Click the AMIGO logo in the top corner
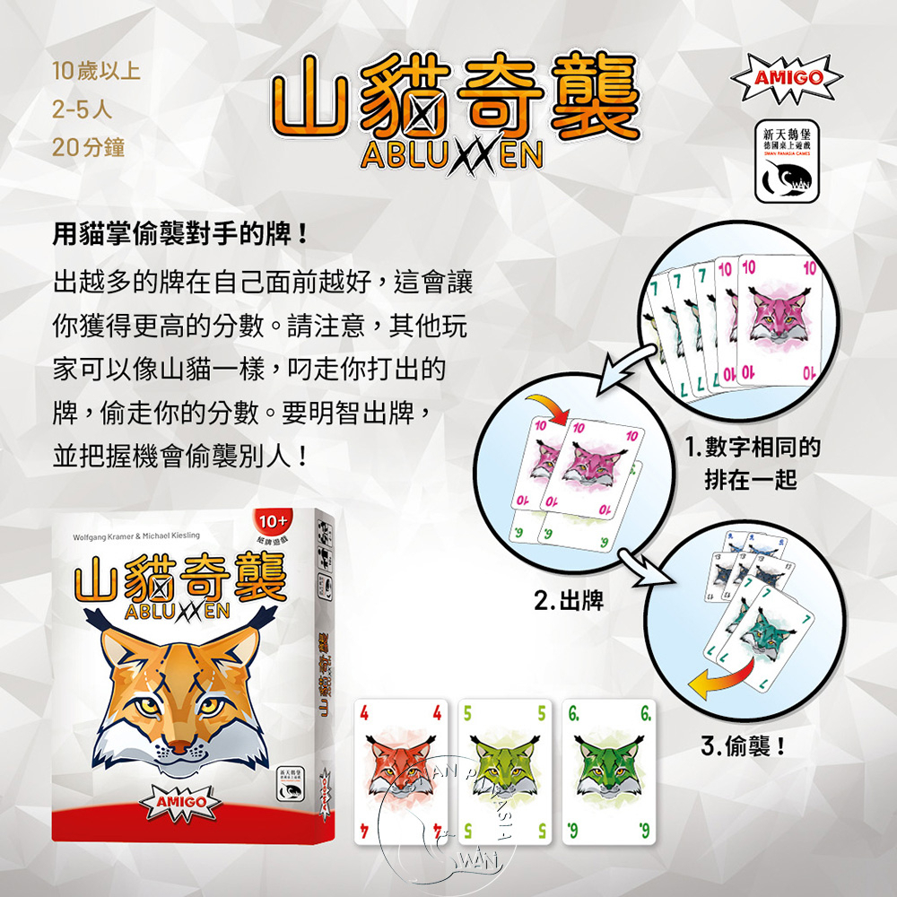pyautogui.click(x=788, y=77)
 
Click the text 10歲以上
pyautogui.click(x=96, y=69)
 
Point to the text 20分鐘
pyautogui.click(x=89, y=148)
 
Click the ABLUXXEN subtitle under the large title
pyautogui.click(x=451, y=156)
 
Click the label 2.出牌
pyautogui.click(x=568, y=599)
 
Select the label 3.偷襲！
pyautogui.click(x=743, y=745)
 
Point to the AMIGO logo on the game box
pyautogui.click(x=183, y=800)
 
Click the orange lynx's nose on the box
pyautogui.click(x=181, y=746)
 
